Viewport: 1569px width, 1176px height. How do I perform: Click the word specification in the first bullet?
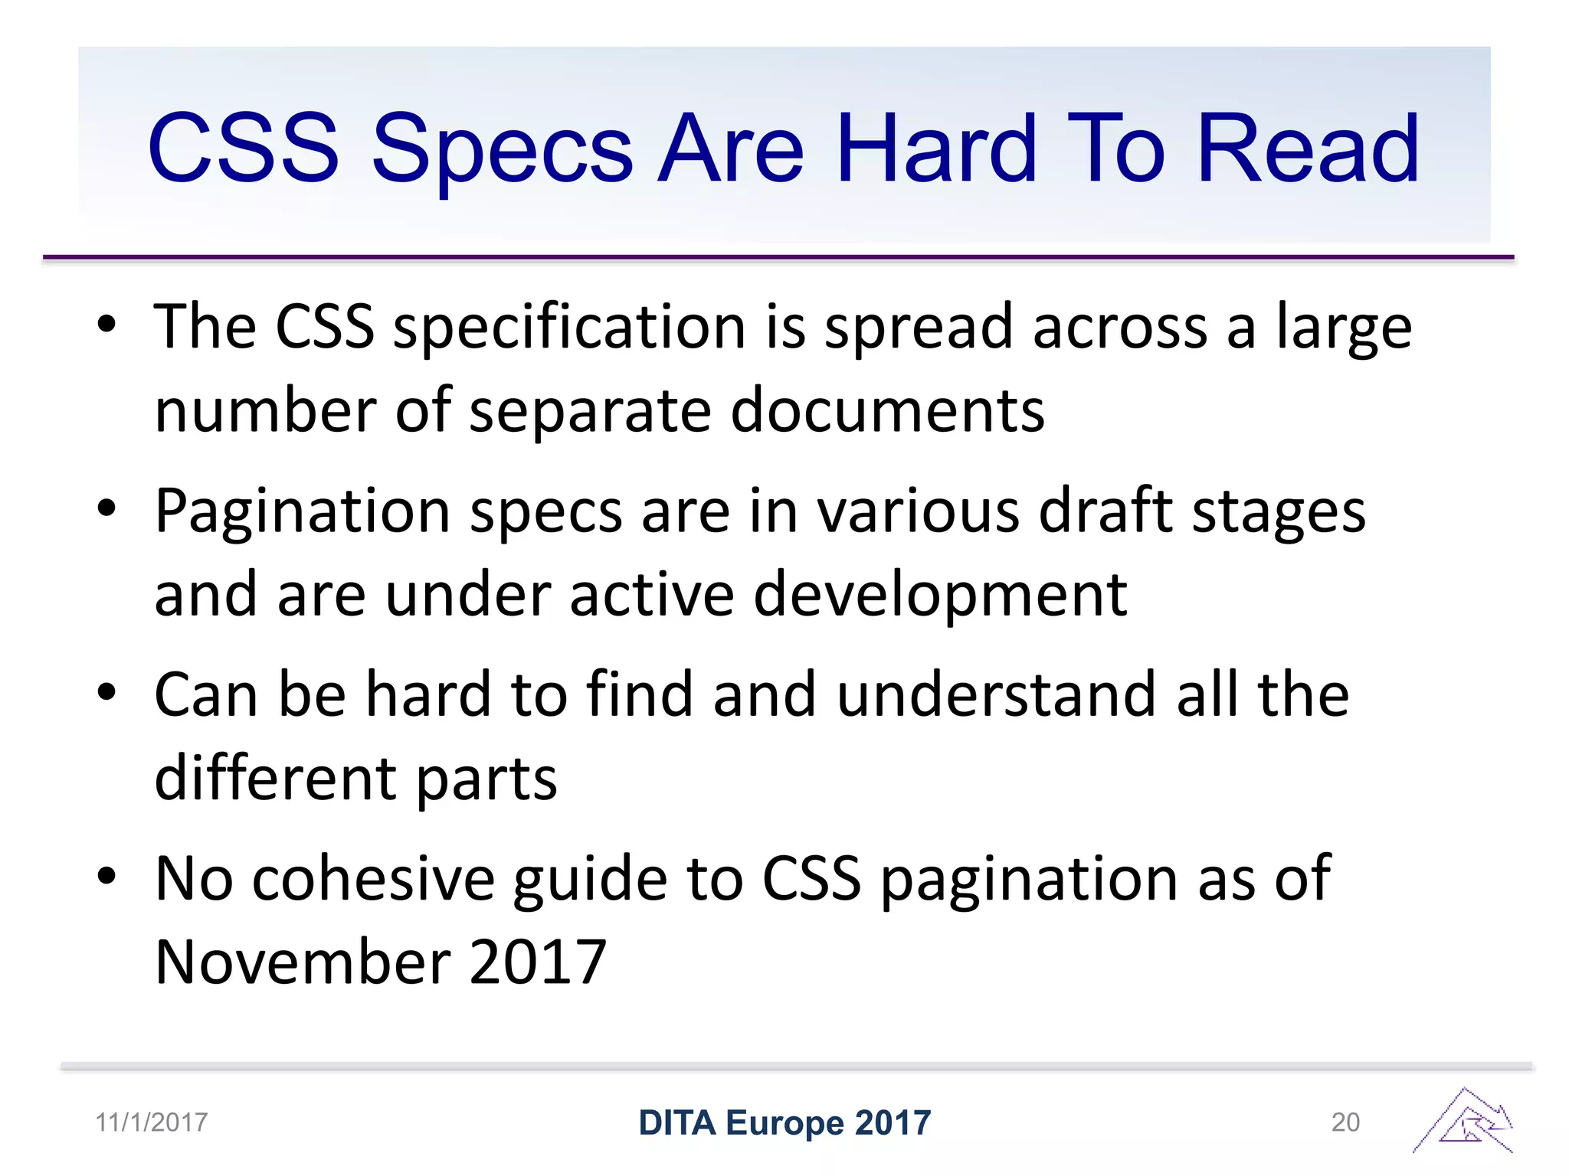[x=569, y=328]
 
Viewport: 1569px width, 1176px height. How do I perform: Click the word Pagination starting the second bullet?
[x=303, y=512]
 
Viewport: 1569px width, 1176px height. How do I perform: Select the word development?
[x=940, y=595]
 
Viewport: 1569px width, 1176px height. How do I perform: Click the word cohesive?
[x=373, y=879]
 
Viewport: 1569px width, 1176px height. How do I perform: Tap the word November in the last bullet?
[x=303, y=962]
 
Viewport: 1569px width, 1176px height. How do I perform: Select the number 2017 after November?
[x=538, y=962]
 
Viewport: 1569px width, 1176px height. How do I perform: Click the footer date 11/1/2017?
[x=152, y=1122]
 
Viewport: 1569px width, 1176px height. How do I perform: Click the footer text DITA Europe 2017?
[x=784, y=1123]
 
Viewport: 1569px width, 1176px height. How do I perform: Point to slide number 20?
[x=1345, y=1122]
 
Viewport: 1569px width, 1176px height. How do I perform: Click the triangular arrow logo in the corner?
[x=1463, y=1121]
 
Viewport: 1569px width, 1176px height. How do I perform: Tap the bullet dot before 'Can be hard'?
[x=106, y=693]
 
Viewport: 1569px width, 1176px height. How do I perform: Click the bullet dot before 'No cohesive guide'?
[x=106, y=876]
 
